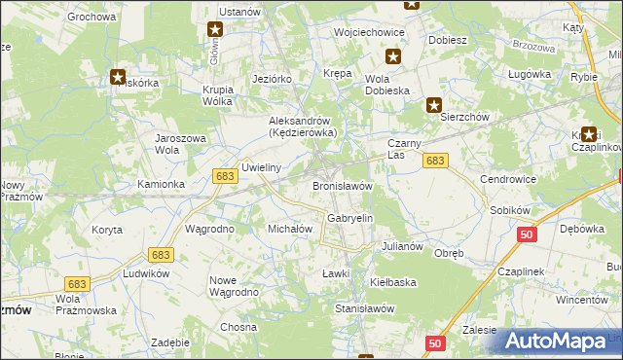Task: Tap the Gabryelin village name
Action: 350,219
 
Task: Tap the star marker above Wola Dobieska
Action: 393,57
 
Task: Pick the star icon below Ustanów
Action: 215,31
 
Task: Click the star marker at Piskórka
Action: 118,76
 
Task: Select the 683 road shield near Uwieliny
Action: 225,175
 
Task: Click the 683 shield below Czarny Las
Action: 436,161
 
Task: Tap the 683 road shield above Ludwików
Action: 161,254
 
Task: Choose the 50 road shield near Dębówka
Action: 527,234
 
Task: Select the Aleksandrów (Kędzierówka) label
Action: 303,126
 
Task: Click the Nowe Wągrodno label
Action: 234,286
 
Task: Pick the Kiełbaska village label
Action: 393,281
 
